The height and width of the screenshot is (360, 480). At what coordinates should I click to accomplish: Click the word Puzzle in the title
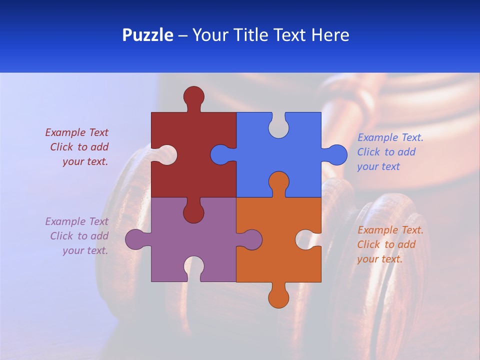147,35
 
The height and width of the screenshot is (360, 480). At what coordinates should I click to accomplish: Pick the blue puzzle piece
295,150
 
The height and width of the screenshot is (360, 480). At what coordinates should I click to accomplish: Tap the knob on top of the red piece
193,96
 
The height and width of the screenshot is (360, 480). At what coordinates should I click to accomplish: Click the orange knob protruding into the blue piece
278,182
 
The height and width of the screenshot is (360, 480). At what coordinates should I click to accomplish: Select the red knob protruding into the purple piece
193,212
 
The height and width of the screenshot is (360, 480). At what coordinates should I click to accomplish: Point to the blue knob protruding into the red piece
221,154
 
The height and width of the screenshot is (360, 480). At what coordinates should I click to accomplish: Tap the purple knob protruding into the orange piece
251,239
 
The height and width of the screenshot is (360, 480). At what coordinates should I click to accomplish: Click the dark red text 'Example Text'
76,132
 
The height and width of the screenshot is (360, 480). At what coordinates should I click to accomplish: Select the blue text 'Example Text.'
390,137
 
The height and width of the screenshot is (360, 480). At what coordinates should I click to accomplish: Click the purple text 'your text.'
85,250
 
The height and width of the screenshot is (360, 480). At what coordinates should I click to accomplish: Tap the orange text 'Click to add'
386,244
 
